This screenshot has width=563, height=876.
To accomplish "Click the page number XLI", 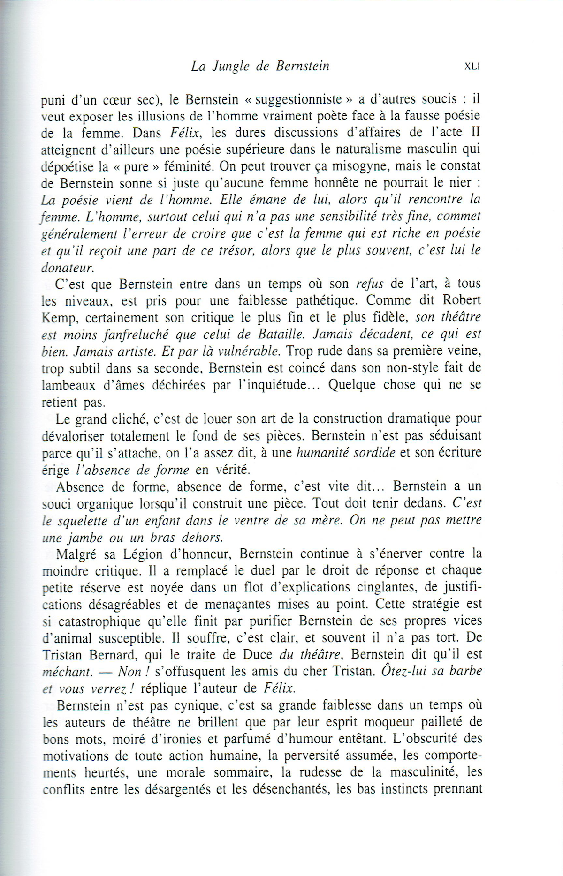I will pos(472,67).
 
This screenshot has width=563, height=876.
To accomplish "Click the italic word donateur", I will pos(68,268).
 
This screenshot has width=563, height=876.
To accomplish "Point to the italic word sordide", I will pos(371,453).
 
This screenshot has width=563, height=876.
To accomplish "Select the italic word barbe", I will pos(465,671).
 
